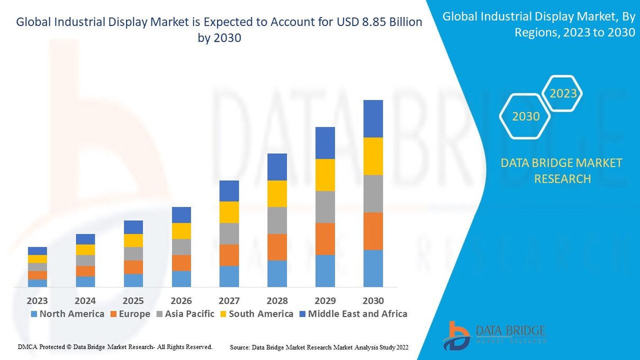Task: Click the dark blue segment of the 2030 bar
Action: pos(373,119)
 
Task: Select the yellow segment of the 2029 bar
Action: pos(325,175)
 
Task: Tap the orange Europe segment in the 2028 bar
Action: pos(277,247)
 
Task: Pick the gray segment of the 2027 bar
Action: pos(229,233)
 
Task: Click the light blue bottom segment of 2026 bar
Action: pos(181,278)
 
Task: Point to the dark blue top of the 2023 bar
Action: pos(38,251)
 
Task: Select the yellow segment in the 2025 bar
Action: pos(133,240)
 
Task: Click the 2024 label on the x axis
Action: pos(85,301)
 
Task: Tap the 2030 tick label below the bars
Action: pos(373,301)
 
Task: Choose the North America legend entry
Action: pos(67,314)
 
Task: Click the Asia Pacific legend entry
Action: pos(185,314)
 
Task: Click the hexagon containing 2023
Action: pos(563,94)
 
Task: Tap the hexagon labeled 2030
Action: pos(526,116)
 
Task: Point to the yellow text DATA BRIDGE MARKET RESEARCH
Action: pos(562,170)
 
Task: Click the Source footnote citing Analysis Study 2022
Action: pos(319,347)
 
